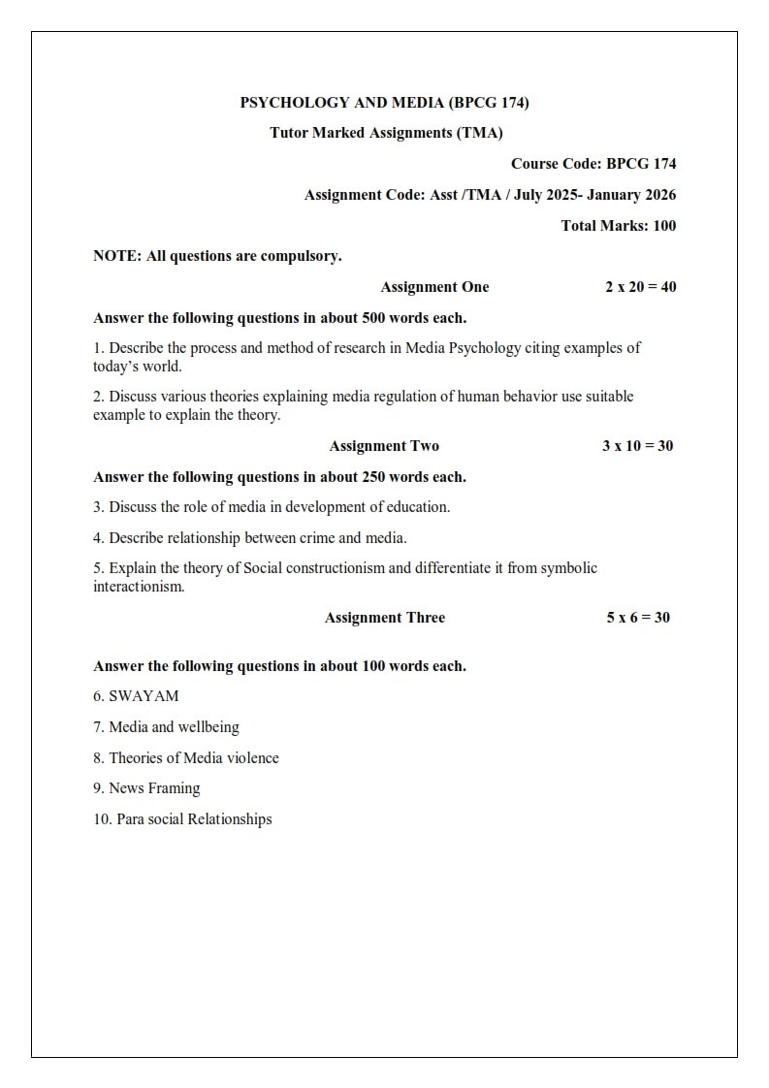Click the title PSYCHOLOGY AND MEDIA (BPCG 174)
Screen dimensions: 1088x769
coord(384,102)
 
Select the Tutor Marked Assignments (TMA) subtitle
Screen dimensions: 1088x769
coord(386,133)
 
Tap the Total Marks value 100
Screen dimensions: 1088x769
coord(664,226)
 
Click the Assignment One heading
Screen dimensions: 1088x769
coord(434,287)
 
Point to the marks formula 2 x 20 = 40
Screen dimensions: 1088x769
coord(640,287)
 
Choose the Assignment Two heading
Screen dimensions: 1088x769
coord(384,446)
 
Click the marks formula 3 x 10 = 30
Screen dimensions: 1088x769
coord(637,446)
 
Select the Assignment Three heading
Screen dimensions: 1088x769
coord(385,618)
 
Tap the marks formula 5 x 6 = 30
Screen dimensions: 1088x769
coord(638,618)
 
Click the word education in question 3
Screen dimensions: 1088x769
coord(417,507)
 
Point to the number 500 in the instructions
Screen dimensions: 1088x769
coord(373,318)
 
